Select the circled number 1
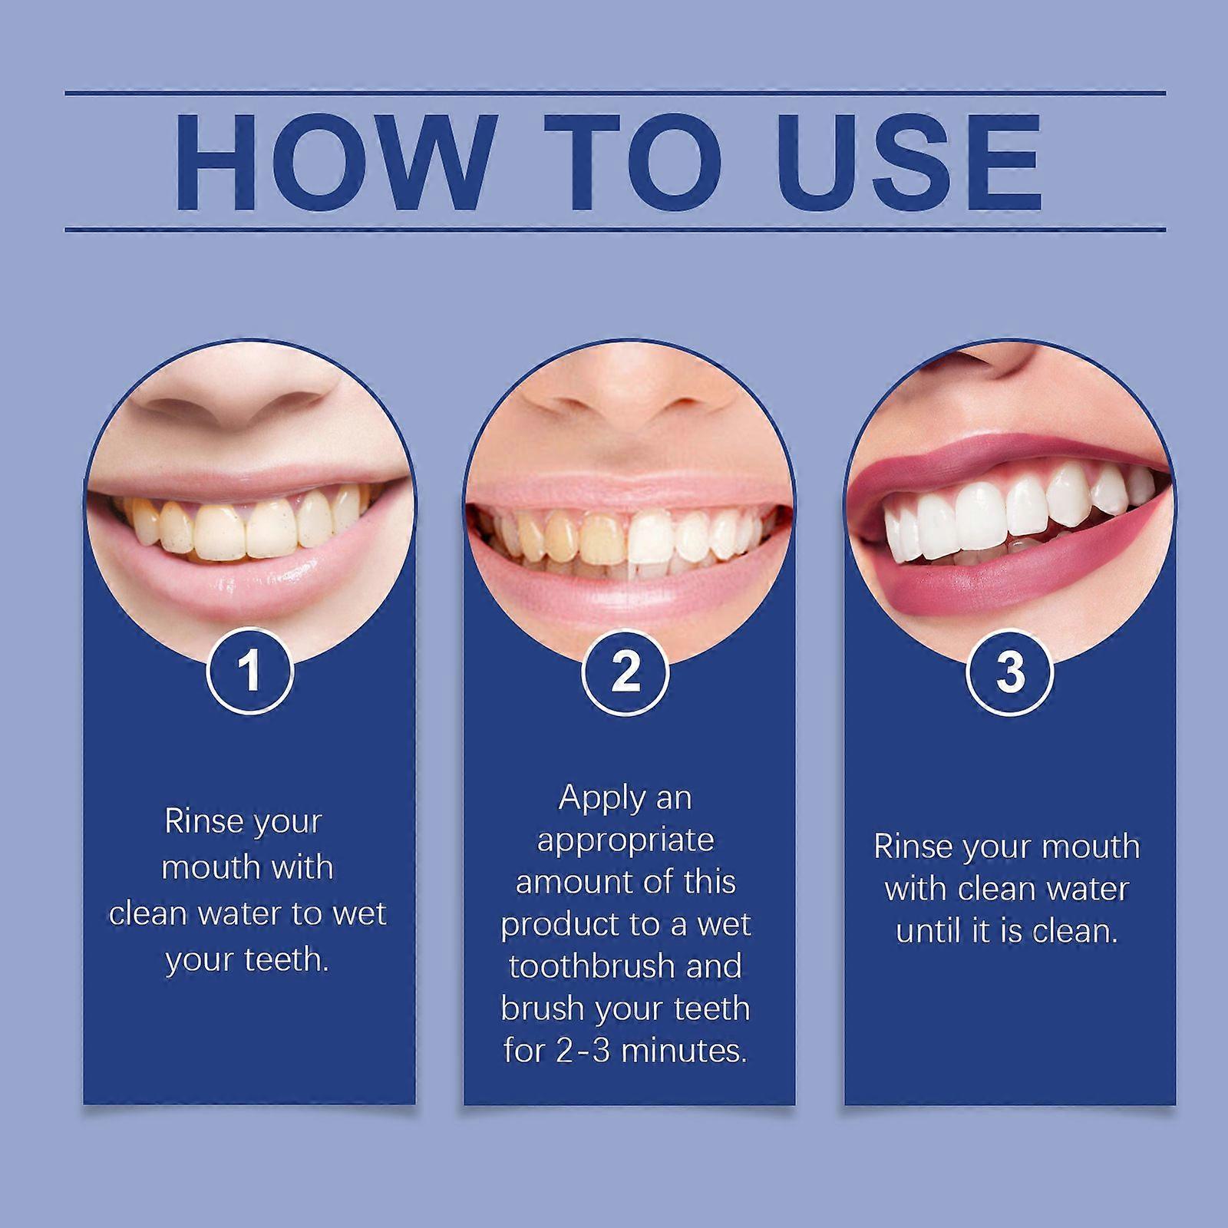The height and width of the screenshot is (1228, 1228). point(249,672)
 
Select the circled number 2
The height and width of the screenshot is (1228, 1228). point(626,672)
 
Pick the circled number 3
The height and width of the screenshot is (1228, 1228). point(1009,672)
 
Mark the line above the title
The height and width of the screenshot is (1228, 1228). point(614,94)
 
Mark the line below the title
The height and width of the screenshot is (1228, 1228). point(614,229)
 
